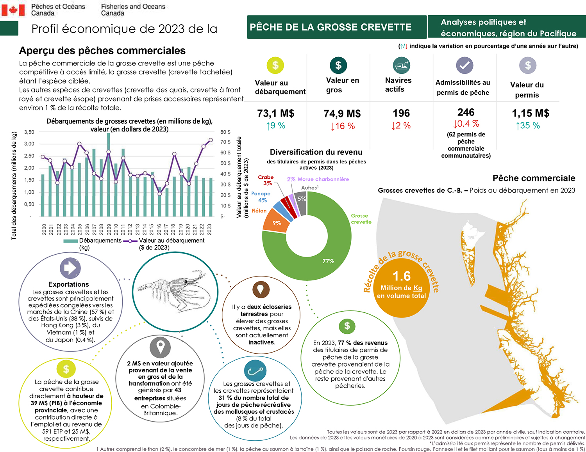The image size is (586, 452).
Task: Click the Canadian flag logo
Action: [x=13, y=10]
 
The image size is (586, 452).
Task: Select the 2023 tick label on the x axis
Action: [x=209, y=229]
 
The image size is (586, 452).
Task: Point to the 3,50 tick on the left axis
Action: [x=29, y=132]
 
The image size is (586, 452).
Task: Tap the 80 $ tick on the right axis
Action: [x=225, y=132]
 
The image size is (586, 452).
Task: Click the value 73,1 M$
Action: [x=276, y=113]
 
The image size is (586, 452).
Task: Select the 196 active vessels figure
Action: [x=401, y=113]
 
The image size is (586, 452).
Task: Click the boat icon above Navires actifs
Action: [x=401, y=66]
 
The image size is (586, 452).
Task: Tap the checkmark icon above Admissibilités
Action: [x=465, y=66]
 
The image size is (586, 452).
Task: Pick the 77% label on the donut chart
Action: [x=328, y=261]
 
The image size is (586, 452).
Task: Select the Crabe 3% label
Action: [x=266, y=180]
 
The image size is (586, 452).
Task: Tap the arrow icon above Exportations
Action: [x=70, y=268]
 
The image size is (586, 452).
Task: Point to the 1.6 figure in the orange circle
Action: [x=402, y=276]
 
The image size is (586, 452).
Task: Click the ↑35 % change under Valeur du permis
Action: [x=528, y=126]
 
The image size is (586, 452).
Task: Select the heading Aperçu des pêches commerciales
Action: [x=102, y=51]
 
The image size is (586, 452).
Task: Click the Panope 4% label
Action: [x=261, y=197]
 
